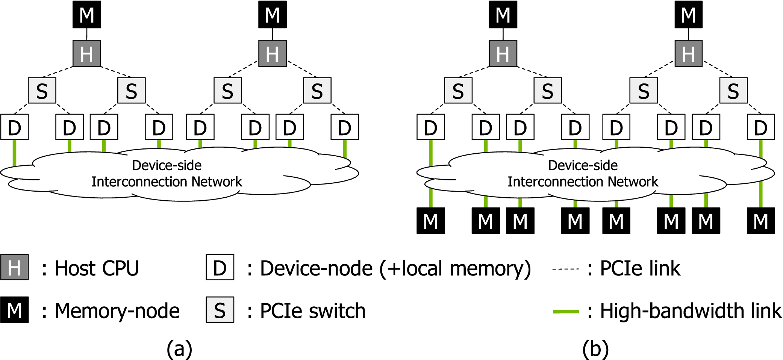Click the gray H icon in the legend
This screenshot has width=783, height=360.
tap(14, 267)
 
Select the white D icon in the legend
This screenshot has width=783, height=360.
tap(220, 267)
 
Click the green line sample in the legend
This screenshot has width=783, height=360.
tap(566, 311)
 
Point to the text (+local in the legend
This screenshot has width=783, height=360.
tap(412, 268)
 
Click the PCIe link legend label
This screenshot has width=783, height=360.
tap(640, 268)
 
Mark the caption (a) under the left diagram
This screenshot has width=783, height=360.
tap(179, 349)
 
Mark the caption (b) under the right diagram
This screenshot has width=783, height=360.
tap(595, 349)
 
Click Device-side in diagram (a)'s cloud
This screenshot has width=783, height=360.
tap(167, 165)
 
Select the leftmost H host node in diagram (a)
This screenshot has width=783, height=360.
tap(87, 53)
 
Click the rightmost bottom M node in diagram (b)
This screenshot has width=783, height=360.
tap(761, 221)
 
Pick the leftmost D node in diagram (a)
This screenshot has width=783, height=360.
tap(14, 127)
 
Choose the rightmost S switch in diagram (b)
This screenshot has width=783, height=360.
tap(733, 90)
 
